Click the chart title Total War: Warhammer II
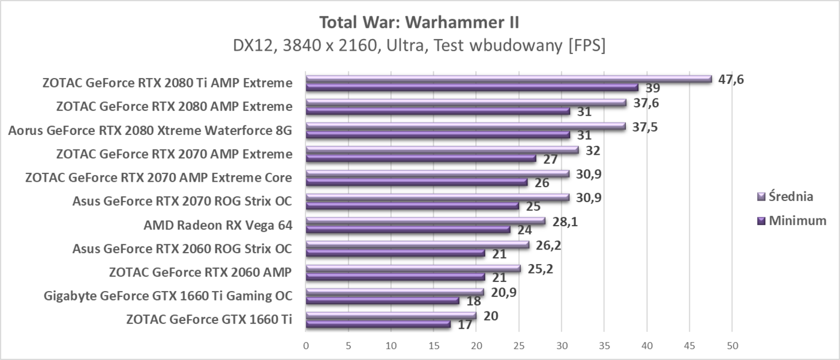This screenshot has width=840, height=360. click(x=419, y=23)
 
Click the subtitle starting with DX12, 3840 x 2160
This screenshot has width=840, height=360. click(x=419, y=46)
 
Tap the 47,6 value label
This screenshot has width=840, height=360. click(x=731, y=79)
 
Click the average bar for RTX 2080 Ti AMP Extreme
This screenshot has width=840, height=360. click(x=508, y=79)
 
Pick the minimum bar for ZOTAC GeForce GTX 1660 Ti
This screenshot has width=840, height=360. click(x=378, y=325)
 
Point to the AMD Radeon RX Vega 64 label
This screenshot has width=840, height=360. click(x=218, y=225)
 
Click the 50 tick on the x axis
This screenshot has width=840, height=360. click(x=731, y=346)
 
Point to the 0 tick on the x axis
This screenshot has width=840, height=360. click(x=306, y=346)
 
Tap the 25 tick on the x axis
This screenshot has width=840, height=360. click(x=519, y=346)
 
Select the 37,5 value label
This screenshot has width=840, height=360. click(x=644, y=127)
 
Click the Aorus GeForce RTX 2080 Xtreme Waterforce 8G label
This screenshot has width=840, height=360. click(x=150, y=130)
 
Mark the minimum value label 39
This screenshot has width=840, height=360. click(x=653, y=88)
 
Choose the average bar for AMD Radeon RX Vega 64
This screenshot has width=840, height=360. click(x=425, y=221)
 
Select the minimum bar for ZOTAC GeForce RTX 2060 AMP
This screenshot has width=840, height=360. click(x=395, y=277)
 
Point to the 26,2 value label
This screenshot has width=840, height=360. click(x=548, y=245)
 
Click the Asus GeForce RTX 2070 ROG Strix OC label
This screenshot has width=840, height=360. click(x=182, y=201)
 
